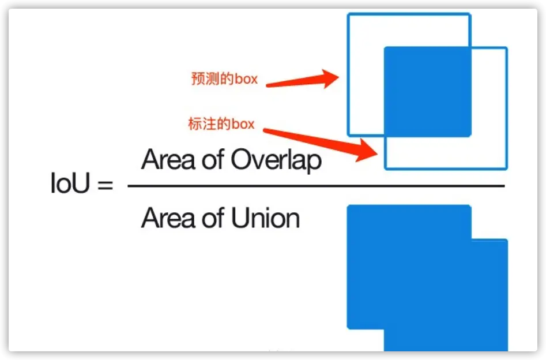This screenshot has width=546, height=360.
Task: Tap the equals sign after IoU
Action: [105, 186]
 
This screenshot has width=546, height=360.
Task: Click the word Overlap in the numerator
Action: [276, 160]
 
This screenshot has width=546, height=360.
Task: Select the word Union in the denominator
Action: [266, 219]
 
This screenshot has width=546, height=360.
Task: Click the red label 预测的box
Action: [224, 78]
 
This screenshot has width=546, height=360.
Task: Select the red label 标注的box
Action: [221, 123]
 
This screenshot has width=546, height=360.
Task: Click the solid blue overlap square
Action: [427, 91]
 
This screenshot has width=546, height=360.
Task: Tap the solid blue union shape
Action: [427, 277]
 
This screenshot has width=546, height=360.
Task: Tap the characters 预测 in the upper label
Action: [202, 78]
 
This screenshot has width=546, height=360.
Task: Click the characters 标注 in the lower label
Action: [199, 123]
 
